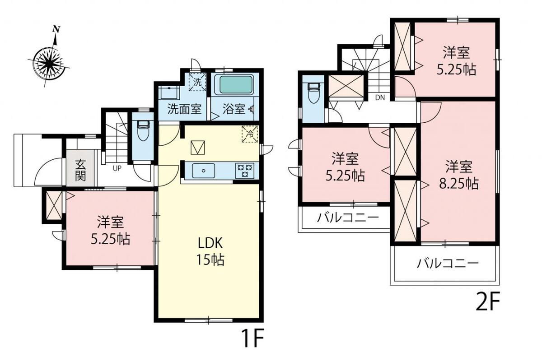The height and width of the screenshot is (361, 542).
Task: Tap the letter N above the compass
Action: point(56,29)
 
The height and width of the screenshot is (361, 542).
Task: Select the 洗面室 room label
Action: point(184,109)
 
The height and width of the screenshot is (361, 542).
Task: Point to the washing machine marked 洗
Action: point(197,82)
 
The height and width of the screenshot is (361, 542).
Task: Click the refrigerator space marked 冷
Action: point(250,134)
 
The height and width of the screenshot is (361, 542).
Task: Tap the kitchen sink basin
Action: point(204,171)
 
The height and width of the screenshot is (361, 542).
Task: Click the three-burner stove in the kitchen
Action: point(245,171)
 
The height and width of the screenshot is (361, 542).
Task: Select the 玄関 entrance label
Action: point(80,170)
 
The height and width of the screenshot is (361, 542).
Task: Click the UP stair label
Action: point(117,168)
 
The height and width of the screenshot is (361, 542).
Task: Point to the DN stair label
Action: point(380,97)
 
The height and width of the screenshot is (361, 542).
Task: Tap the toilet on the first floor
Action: point(143,131)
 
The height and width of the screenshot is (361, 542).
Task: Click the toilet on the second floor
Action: point(313,93)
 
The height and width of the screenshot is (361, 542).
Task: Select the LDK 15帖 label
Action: point(210,251)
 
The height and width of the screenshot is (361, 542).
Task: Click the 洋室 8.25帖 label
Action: point(459,175)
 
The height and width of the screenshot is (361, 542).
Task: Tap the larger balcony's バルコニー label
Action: point(448,264)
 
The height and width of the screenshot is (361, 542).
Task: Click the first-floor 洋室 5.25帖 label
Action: point(110,230)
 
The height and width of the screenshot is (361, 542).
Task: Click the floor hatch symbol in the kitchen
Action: point(198,148)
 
